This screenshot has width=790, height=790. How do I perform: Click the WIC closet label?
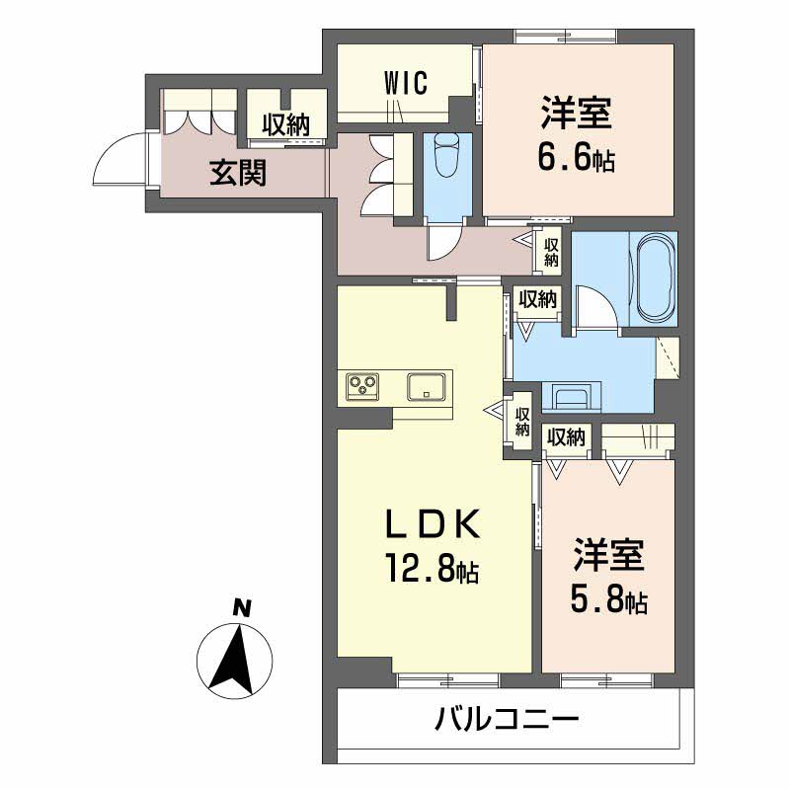(x=406, y=84)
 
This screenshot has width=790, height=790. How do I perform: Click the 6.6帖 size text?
(x=577, y=159)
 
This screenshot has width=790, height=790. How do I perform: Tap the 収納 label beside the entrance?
(x=285, y=124)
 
